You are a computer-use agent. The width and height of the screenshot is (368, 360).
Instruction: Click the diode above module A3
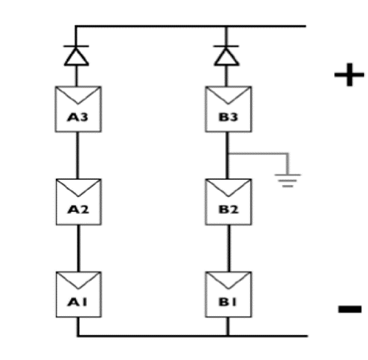point(76,55)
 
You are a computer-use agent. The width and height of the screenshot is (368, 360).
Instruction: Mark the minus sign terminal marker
point(347,309)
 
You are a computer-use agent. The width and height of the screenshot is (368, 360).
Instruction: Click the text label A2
point(76,210)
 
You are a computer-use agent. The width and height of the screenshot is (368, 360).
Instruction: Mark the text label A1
point(76,301)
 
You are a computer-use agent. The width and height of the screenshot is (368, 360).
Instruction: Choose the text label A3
point(76,119)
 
